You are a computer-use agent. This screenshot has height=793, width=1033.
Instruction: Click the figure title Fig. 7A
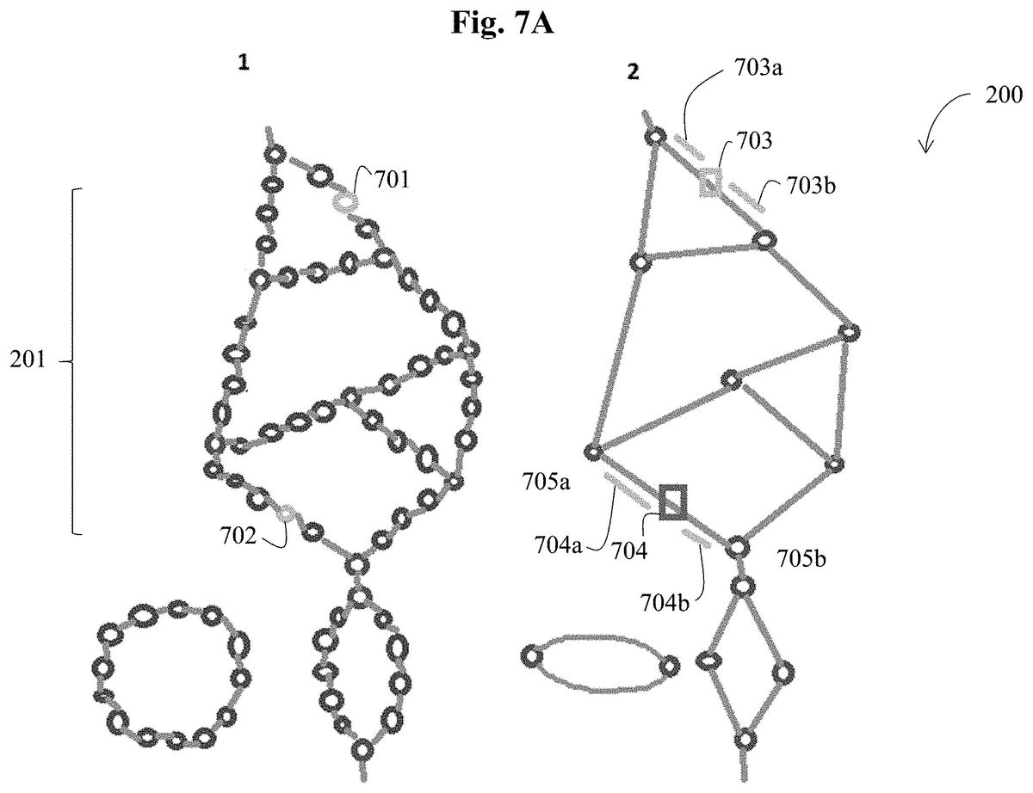pyautogui.click(x=502, y=23)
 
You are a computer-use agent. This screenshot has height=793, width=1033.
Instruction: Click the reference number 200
pyautogui.click(x=1004, y=95)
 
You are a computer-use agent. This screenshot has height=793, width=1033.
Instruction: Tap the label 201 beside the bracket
pyautogui.click(x=28, y=360)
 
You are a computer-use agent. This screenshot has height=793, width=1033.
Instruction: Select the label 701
pyautogui.click(x=393, y=180)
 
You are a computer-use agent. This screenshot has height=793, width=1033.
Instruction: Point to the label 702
pyautogui.click(x=238, y=536)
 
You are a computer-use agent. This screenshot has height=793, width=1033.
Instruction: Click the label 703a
pyautogui.click(x=758, y=68)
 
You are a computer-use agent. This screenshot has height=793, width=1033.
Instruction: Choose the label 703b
pyautogui.click(x=811, y=186)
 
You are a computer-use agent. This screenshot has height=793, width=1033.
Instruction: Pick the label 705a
pyautogui.click(x=547, y=483)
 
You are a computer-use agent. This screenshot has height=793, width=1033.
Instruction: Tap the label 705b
pyautogui.click(x=801, y=559)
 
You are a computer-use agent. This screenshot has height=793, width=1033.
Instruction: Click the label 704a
pyautogui.click(x=558, y=546)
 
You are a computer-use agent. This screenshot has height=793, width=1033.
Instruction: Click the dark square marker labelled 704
pyautogui.click(x=672, y=501)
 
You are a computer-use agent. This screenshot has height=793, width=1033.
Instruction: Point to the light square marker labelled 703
pyautogui.click(x=711, y=182)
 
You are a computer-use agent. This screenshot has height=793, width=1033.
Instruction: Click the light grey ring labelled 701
pyautogui.click(x=345, y=202)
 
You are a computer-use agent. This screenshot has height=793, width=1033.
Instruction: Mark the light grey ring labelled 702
pyautogui.click(x=288, y=514)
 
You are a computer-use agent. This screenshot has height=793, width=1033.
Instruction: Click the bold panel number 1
pyautogui.click(x=244, y=62)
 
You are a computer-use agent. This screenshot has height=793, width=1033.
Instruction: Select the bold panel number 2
pyautogui.click(x=634, y=72)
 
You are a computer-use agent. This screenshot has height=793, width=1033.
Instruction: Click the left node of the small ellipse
pyautogui.click(x=532, y=657)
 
